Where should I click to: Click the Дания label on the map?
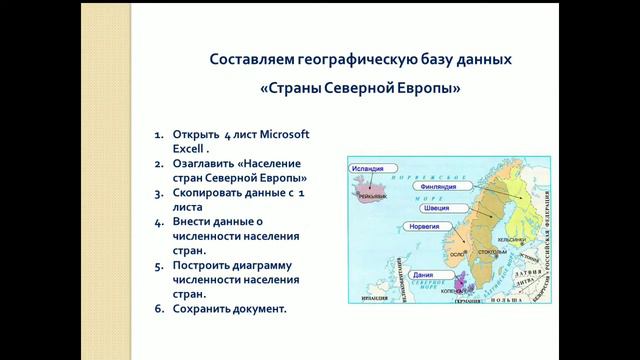point(423,274)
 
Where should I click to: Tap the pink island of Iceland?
point(370,191)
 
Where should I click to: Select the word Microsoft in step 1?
point(278,134)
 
